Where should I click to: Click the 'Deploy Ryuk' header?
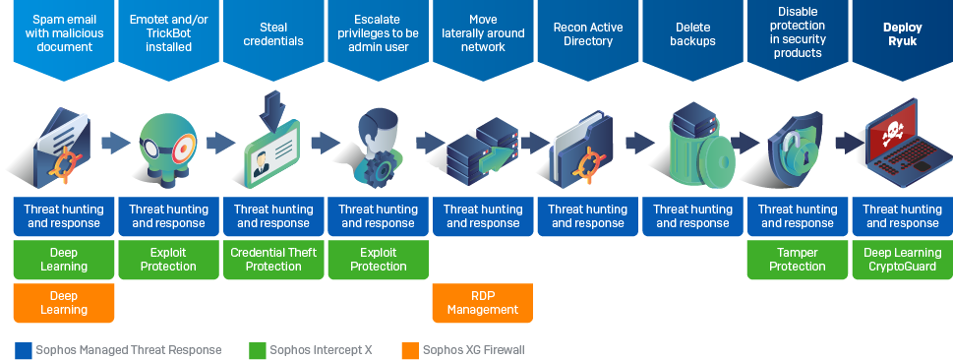[x=903, y=34]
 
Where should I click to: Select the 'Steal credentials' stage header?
[x=273, y=34]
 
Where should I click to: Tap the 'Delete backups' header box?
[x=693, y=34]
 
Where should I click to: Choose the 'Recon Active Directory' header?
[x=588, y=34]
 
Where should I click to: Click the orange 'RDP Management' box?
[x=483, y=303]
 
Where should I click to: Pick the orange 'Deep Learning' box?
[x=64, y=303]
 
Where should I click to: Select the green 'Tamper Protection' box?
[x=798, y=260]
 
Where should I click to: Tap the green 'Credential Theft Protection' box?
[x=273, y=260]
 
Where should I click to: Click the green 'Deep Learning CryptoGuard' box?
[x=903, y=260]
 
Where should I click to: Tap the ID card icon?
[x=271, y=153]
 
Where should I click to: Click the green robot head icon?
[x=168, y=148]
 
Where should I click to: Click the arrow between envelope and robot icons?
[x=115, y=144]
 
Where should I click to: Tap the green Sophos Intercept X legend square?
[x=258, y=350]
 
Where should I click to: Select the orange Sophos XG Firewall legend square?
[x=410, y=350]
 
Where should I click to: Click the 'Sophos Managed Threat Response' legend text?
[x=128, y=350]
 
